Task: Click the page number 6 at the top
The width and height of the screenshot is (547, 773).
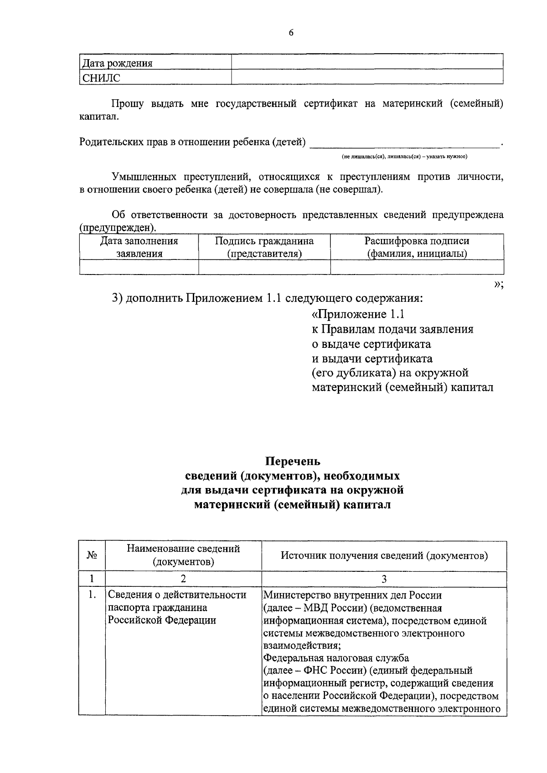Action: coord(291,32)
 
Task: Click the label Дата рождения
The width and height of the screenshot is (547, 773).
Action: coord(117,63)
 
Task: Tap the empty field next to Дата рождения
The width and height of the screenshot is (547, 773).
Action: coord(367,62)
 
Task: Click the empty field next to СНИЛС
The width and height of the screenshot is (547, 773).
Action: coord(367,77)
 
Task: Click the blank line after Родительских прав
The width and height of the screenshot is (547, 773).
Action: coord(405,143)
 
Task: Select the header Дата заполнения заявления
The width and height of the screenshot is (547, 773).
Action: coord(139,247)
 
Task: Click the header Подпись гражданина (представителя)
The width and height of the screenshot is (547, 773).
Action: coord(264,247)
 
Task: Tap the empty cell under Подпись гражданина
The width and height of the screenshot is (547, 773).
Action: coord(264,267)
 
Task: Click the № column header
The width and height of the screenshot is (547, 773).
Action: coord(92,555)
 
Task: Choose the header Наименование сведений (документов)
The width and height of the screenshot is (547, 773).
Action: coord(183,555)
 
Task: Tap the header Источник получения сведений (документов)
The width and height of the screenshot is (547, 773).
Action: coord(384,555)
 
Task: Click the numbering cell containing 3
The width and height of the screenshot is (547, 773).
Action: coord(384,579)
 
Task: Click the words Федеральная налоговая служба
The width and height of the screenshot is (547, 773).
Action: coord(336,658)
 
